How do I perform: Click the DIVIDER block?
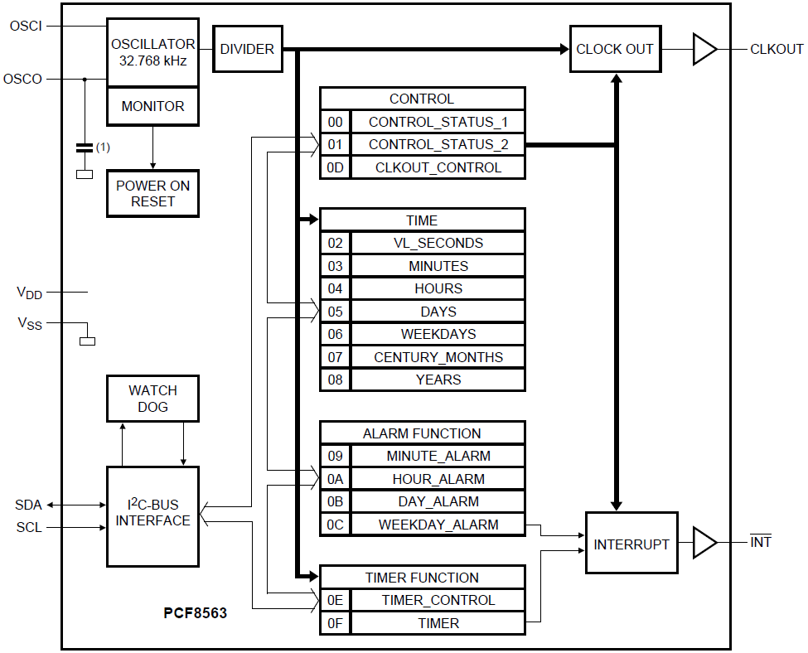(247, 49)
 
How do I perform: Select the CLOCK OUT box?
(615, 49)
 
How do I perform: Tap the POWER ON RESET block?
(152, 193)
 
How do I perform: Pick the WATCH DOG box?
(152, 398)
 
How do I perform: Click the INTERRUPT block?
(631, 544)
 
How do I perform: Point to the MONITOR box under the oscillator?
(152, 106)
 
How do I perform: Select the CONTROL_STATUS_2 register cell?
(438, 145)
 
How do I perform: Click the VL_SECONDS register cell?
(438, 243)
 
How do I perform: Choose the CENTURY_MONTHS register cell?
(438, 357)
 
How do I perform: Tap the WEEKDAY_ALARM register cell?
(438, 525)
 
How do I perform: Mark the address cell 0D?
(335, 167)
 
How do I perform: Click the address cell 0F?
(335, 623)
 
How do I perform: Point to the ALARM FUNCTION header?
(422, 433)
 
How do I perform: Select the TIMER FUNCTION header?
(422, 578)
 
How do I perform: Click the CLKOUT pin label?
(777, 49)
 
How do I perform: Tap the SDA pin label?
(27, 505)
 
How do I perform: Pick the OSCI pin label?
(26, 26)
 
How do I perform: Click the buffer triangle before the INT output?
(704, 543)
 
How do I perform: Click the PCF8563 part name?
(195, 614)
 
